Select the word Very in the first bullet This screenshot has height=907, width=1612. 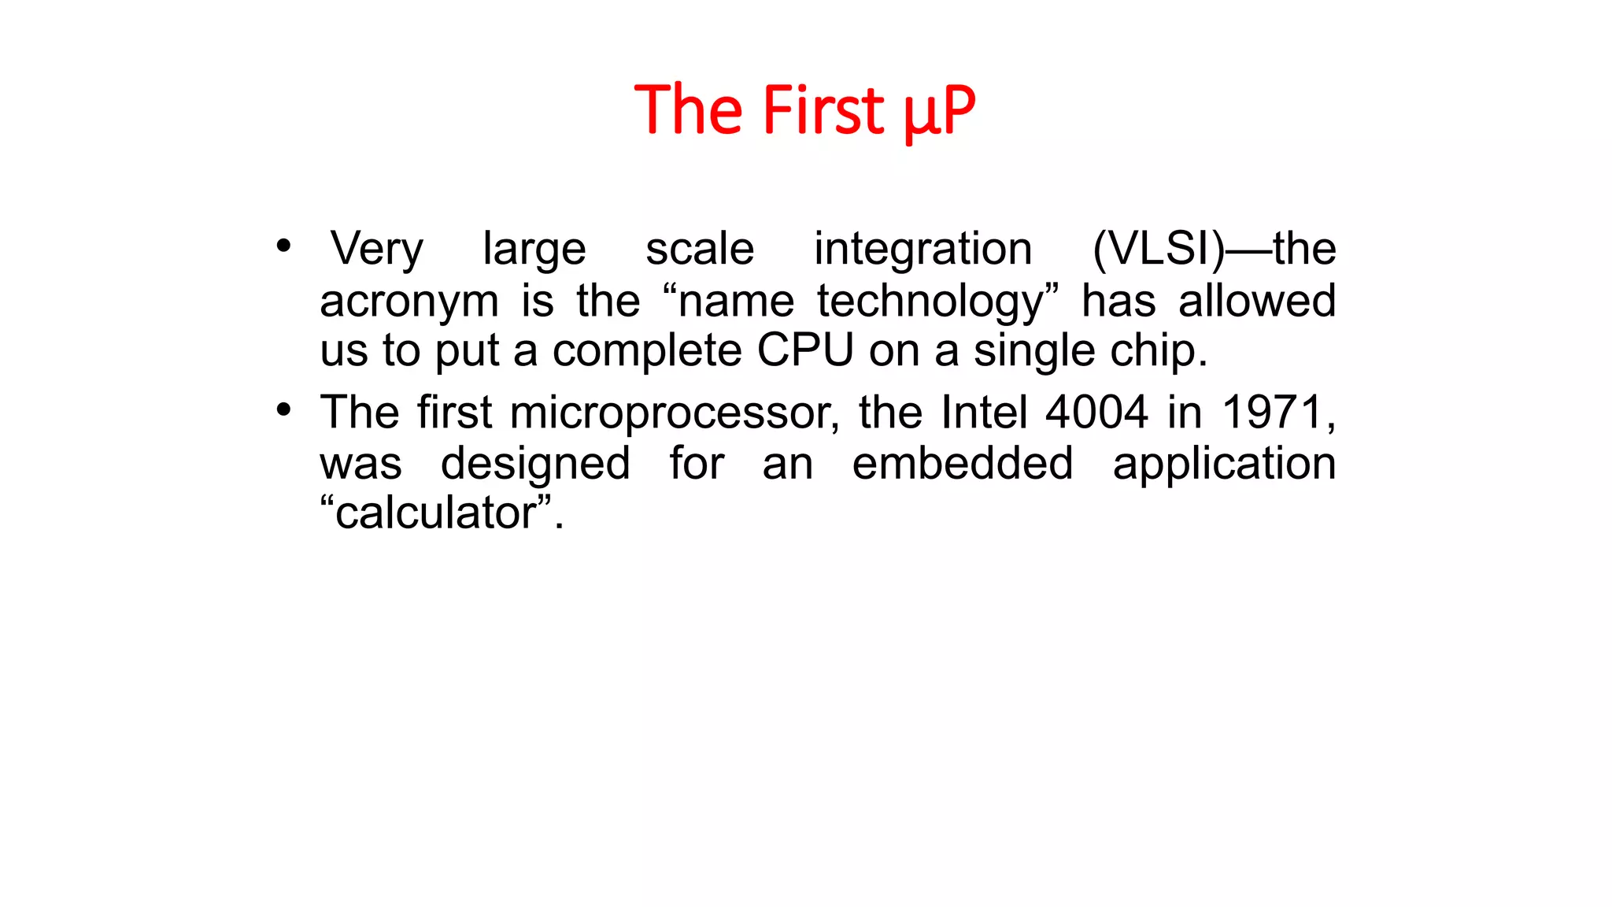coord(377,249)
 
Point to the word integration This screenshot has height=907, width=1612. coord(922,250)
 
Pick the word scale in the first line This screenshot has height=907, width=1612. coord(700,249)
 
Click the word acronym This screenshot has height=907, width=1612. coord(409,302)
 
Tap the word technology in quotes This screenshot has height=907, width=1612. coord(930,302)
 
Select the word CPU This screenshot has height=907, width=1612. coord(805,350)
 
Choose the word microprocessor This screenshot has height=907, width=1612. coord(673,413)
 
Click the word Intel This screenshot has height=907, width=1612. coord(984,412)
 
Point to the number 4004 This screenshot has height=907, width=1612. coord(1096,412)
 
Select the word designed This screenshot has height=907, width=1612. coord(535,465)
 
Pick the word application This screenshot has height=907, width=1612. coord(1224,465)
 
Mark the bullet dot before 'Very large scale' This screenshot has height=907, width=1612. coord(283,246)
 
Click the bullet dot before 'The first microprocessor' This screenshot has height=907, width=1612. coord(283,409)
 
